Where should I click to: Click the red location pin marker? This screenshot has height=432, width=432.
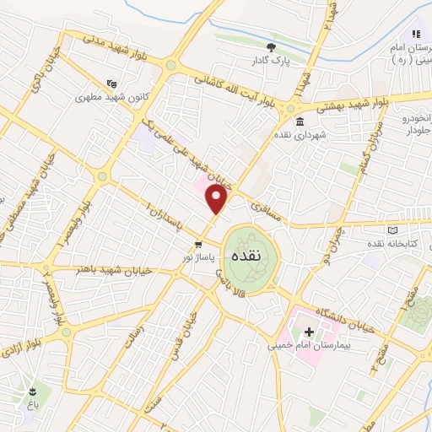(218, 200)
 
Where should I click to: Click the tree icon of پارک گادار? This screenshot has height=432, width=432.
(270, 47)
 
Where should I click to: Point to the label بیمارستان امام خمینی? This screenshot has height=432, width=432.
(309, 345)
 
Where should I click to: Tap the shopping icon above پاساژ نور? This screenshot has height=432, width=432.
(197, 245)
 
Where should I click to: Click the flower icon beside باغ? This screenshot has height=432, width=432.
(32, 391)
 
